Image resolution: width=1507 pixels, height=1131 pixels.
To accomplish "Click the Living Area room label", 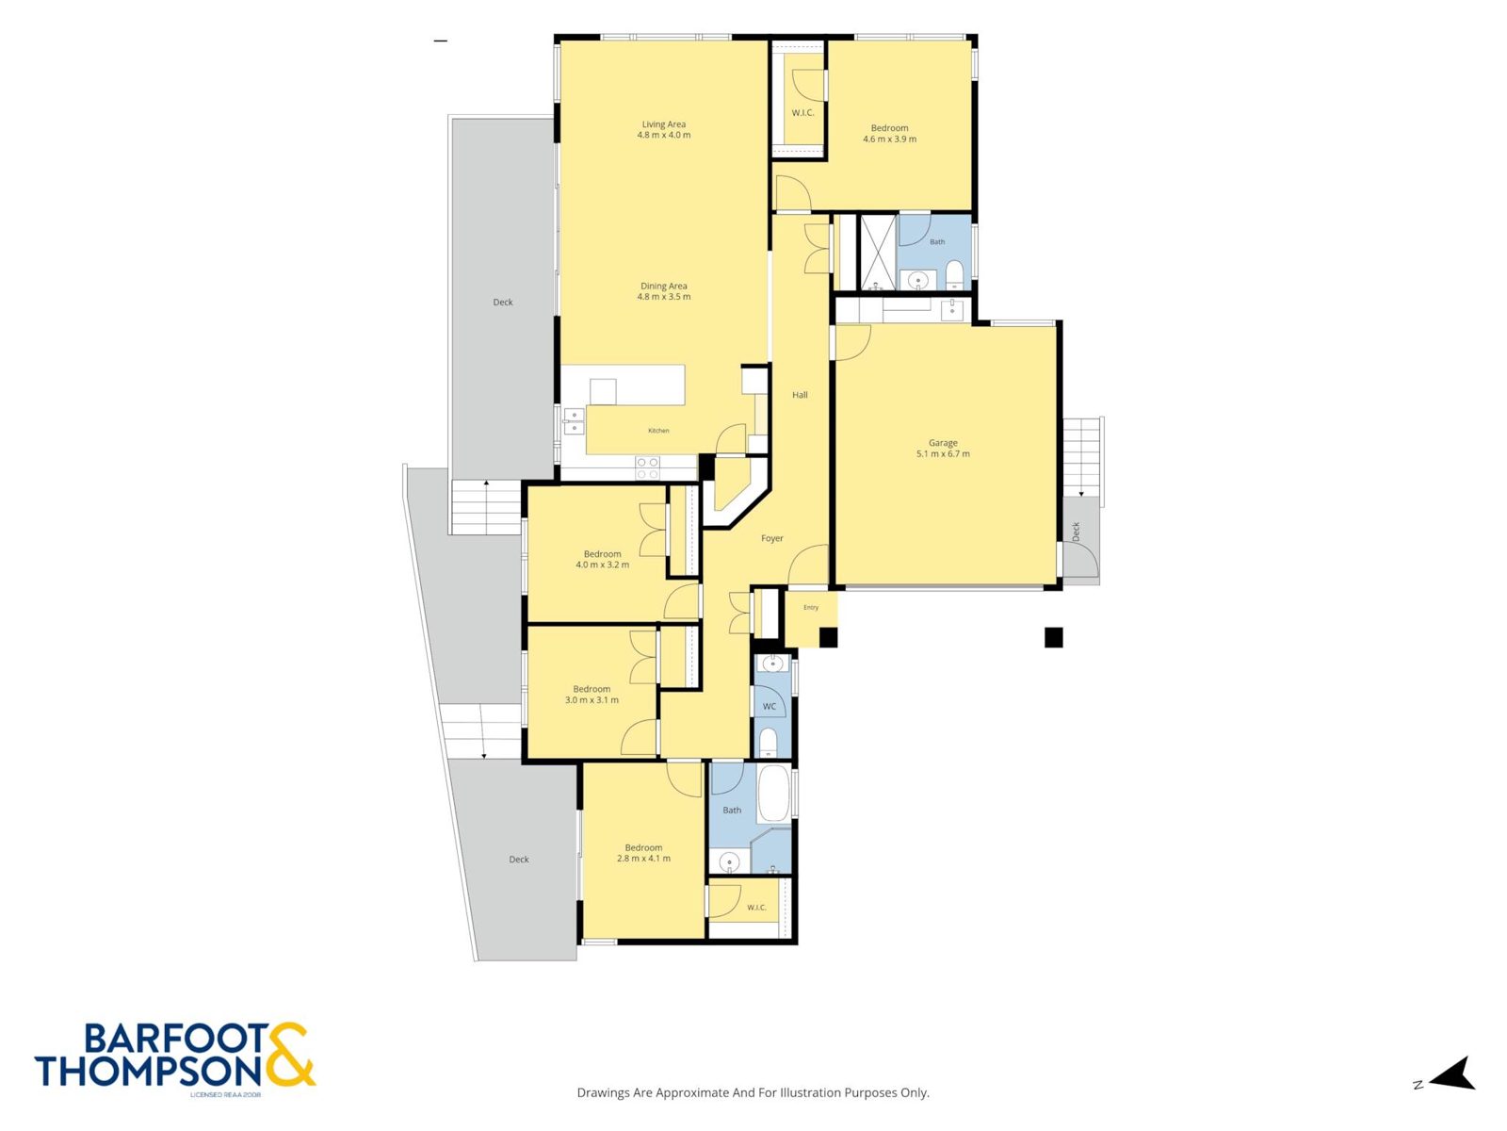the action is pyautogui.click(x=663, y=124).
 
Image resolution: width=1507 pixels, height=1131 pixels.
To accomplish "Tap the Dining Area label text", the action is pyautogui.click(x=663, y=287).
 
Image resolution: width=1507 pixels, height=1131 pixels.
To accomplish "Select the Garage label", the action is pyautogui.click(x=943, y=443).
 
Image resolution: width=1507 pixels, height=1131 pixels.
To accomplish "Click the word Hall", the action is pyautogui.click(x=800, y=395).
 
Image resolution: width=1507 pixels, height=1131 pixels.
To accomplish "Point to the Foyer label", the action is pyautogui.click(x=771, y=538).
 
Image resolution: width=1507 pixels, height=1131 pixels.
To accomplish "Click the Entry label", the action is pyautogui.click(x=811, y=607).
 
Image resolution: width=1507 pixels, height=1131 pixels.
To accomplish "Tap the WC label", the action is pyautogui.click(x=769, y=707).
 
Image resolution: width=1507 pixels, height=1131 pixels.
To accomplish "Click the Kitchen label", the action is pyautogui.click(x=658, y=431).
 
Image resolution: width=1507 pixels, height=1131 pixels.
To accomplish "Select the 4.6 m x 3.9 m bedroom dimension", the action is pyautogui.click(x=889, y=139).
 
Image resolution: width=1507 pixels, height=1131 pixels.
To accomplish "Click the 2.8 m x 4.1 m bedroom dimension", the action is pyautogui.click(x=643, y=859).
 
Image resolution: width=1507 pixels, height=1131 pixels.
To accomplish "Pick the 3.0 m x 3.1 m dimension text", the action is pyautogui.click(x=591, y=700).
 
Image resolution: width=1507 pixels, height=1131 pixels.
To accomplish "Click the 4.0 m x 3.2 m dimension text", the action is pyautogui.click(x=602, y=565).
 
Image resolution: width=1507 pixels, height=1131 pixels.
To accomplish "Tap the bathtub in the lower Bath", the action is pyautogui.click(x=774, y=794).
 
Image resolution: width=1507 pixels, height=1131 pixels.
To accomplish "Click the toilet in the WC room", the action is pyautogui.click(x=768, y=743).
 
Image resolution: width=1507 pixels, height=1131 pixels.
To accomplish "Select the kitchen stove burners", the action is pyautogui.click(x=647, y=468).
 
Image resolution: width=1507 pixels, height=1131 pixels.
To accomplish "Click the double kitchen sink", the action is pyautogui.click(x=574, y=421).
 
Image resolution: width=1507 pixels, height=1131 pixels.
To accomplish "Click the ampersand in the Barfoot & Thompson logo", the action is pyautogui.click(x=288, y=1054).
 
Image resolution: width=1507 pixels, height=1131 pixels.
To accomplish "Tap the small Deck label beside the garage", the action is pyautogui.click(x=1076, y=532).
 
